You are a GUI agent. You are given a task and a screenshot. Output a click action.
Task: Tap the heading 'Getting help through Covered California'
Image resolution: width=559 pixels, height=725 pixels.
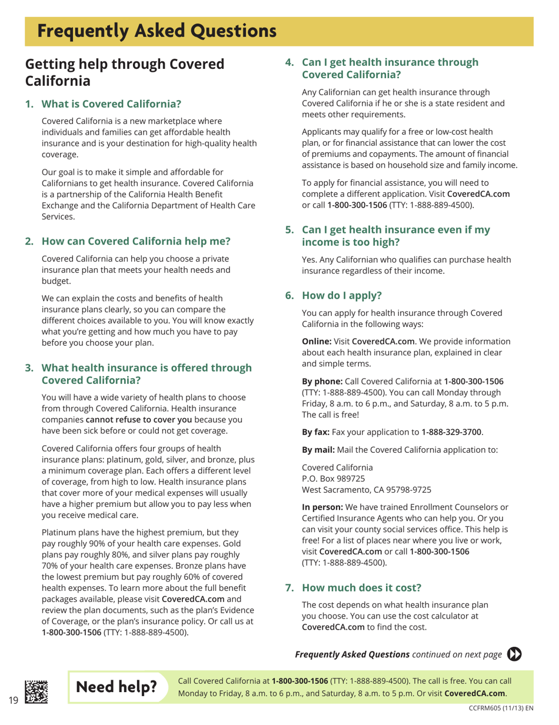[x=124, y=72]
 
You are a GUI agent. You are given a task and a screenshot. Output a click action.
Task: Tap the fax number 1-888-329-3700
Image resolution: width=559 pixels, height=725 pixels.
[x=452, y=432]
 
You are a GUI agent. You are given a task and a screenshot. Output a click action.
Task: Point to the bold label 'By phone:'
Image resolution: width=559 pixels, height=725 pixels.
[x=322, y=381]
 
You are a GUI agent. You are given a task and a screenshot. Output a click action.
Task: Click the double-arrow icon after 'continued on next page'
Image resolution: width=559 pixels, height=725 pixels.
[x=515, y=654]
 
